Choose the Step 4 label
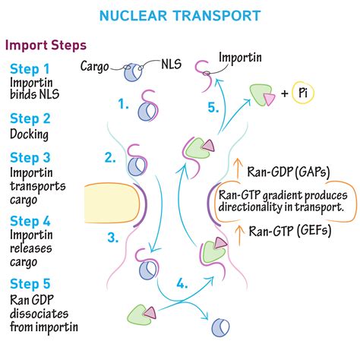(30, 220)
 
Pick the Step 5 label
(30, 284)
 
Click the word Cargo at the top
(97, 65)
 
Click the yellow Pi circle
(321, 94)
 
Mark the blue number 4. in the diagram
(182, 286)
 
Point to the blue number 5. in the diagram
(213, 107)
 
